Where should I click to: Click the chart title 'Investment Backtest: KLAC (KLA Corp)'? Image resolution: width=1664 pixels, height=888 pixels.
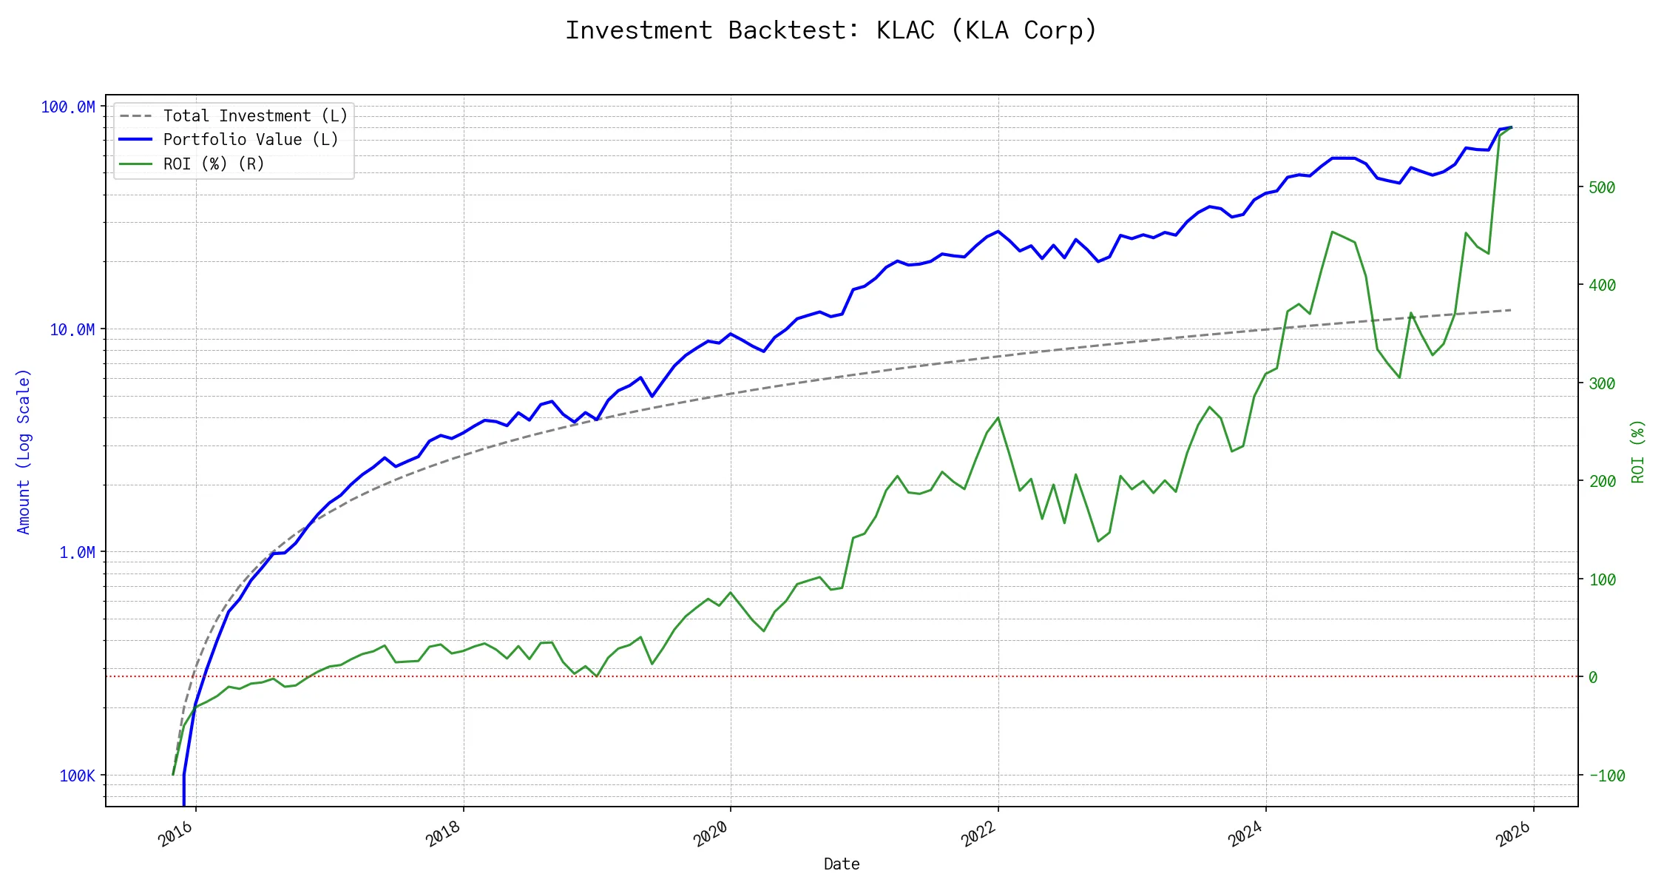(831, 30)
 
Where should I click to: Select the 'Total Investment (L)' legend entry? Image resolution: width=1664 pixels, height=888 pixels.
(255, 116)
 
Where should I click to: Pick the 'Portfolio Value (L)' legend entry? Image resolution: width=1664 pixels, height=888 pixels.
(251, 140)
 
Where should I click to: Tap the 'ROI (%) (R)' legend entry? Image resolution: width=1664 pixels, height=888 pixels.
(214, 164)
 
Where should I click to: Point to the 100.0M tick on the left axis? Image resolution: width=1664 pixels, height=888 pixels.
(67, 107)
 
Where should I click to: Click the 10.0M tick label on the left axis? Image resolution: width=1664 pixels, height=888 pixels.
(72, 330)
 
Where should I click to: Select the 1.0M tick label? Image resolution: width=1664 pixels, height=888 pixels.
(77, 553)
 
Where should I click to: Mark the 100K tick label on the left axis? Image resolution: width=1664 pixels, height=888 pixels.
(77, 776)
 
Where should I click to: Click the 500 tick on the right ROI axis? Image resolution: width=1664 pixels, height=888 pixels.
(1602, 188)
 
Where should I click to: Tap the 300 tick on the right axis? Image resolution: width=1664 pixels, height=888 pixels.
(1602, 383)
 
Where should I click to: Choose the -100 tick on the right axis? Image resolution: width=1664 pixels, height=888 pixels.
(1606, 776)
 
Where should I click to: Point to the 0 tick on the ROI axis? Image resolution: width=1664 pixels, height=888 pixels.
(1593, 678)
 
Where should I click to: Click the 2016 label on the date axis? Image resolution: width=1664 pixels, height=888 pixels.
(176, 835)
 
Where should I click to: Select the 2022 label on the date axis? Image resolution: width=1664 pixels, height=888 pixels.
(978, 835)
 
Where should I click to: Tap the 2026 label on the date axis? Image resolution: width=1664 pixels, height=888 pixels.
(1513, 835)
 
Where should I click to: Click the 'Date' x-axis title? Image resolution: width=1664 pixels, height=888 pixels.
(842, 864)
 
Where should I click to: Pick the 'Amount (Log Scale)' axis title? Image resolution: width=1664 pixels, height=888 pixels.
(24, 451)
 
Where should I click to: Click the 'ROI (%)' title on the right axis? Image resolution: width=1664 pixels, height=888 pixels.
(1638, 451)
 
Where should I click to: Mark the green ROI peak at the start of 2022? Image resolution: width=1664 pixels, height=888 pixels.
(998, 418)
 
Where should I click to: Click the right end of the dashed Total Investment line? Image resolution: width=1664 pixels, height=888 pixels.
(1510, 310)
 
